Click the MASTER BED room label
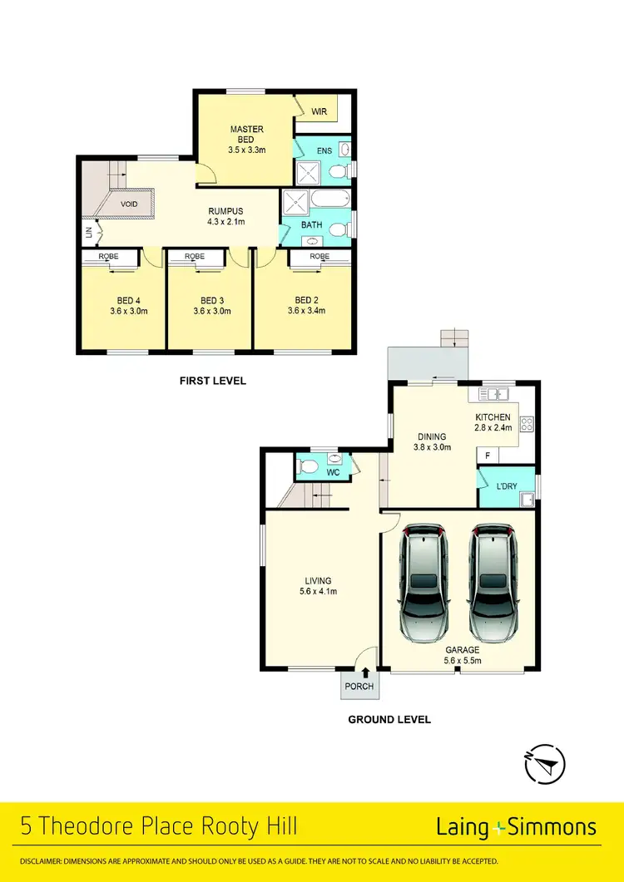click(x=246, y=134)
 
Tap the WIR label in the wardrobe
click(x=319, y=111)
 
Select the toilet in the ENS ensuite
click(x=336, y=172)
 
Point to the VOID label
click(x=129, y=204)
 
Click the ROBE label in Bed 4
click(x=109, y=257)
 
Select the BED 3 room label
click(x=212, y=300)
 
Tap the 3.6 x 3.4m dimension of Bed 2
click(x=305, y=311)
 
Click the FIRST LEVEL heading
click(x=213, y=381)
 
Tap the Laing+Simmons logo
click(x=516, y=827)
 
